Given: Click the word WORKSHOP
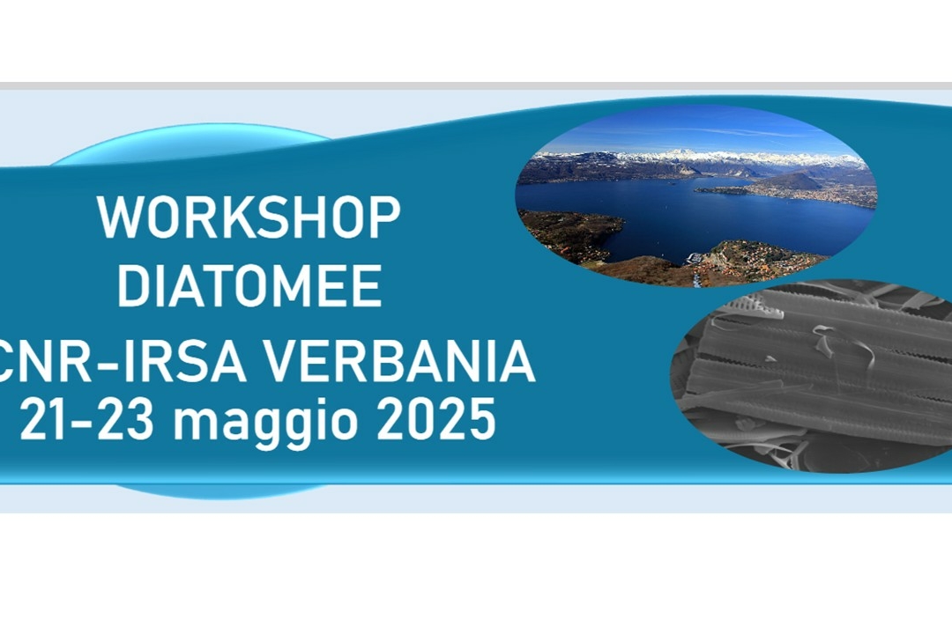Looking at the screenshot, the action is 249,217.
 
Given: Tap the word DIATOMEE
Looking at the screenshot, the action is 249,286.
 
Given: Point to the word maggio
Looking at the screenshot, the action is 265,423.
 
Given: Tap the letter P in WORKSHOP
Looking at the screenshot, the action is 385,217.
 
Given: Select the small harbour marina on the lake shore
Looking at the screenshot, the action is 696,258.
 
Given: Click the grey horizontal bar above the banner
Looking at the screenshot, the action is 476,85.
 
